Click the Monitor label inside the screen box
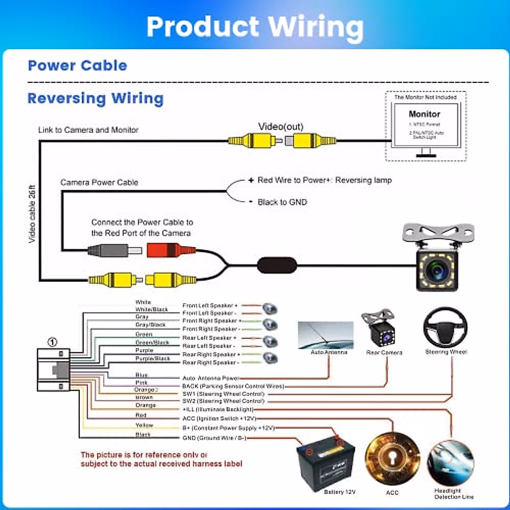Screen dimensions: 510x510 tap(424, 114)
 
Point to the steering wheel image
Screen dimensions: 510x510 tap(445, 327)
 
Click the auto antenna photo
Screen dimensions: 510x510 tap(326, 335)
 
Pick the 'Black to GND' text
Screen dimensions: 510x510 tap(282, 202)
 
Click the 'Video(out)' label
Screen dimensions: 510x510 tap(281, 127)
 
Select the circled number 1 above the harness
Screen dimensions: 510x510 tap(52, 342)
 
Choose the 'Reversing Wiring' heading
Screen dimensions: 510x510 tap(96, 98)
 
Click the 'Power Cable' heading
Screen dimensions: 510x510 tap(77, 65)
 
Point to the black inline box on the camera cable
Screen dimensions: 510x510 tap(277, 265)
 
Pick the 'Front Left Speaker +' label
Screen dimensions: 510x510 tap(210, 306)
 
